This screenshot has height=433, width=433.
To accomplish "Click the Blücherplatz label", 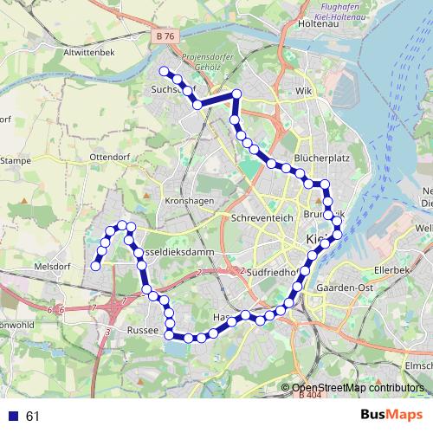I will click(321, 159).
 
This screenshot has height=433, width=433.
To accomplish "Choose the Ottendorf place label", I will click(109, 157).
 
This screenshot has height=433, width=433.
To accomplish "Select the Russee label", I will click(141, 331).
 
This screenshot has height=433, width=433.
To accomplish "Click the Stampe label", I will click(15, 160).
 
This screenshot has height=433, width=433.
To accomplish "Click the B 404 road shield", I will click(308, 397).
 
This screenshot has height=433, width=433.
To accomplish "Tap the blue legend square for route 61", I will click(15, 416).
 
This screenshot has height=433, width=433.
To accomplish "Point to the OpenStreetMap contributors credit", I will click(356, 387).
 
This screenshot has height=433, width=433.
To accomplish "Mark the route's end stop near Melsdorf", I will click(95, 266).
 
